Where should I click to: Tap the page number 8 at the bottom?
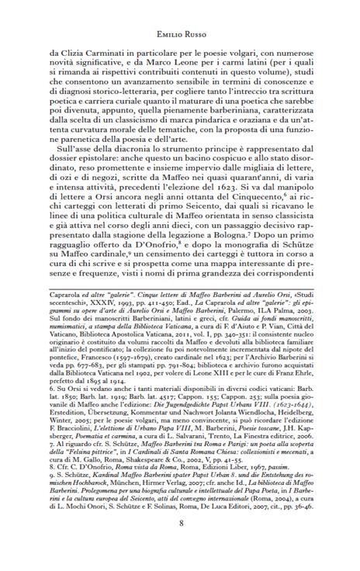point(180,543)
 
